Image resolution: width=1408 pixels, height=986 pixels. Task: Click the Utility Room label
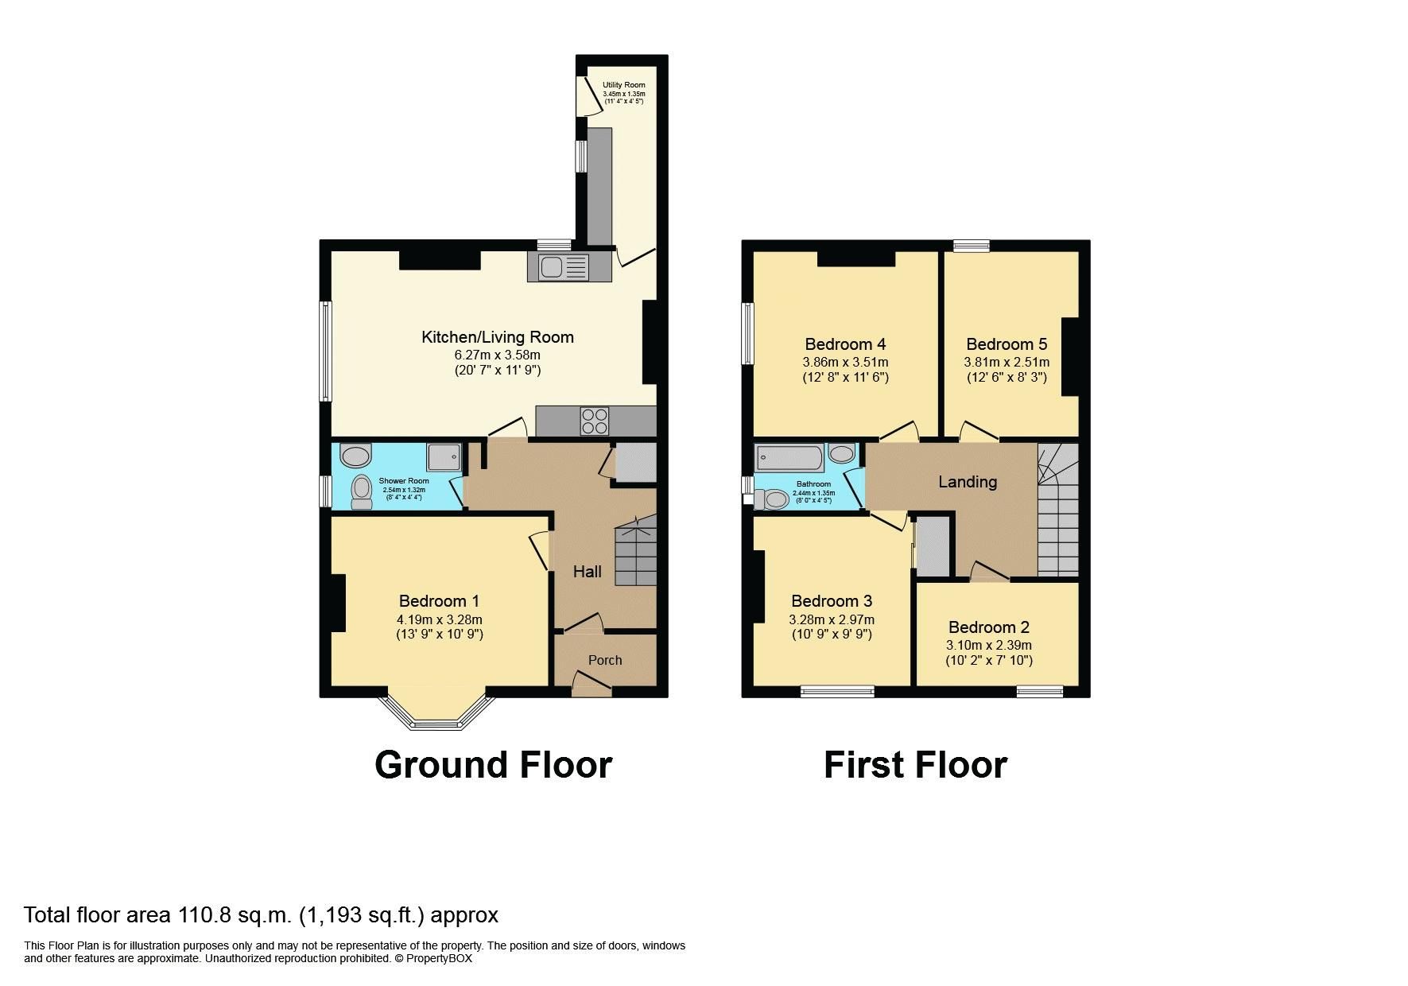click(623, 85)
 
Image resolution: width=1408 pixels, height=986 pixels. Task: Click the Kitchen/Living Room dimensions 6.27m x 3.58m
click(497, 355)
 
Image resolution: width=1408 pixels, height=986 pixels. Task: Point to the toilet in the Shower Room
click(362, 492)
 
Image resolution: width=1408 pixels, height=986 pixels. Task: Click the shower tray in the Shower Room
click(444, 457)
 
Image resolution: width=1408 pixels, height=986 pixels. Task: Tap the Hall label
click(588, 572)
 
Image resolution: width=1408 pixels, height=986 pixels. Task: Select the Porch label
click(605, 660)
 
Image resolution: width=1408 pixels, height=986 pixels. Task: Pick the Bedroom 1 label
click(439, 601)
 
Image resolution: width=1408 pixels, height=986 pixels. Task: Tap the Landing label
click(967, 482)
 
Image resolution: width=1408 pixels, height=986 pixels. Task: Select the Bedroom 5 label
click(1007, 344)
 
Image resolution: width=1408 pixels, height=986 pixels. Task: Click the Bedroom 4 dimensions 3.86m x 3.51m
click(845, 362)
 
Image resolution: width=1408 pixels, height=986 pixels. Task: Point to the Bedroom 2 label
click(988, 627)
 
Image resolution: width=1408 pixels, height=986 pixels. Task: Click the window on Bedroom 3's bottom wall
click(837, 691)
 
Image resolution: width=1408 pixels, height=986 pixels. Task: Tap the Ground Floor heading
click(493, 765)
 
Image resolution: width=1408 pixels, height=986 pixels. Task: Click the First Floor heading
click(915, 765)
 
